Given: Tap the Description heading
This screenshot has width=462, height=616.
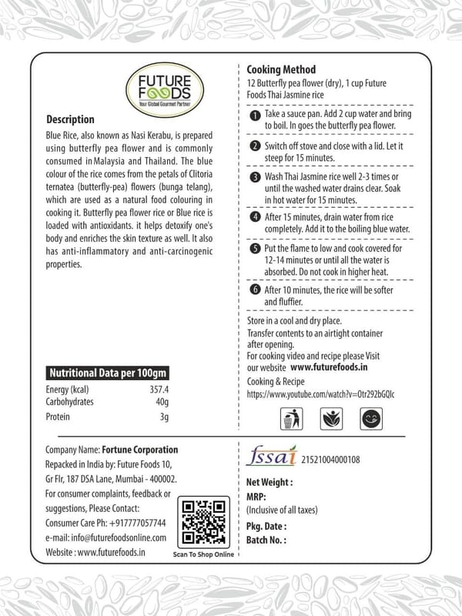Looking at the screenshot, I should point(70,120).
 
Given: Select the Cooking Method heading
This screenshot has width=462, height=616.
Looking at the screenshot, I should point(281,69).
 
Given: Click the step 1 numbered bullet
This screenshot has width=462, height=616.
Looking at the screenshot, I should point(255,115).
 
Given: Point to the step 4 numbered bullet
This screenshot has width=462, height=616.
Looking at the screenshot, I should point(255,218).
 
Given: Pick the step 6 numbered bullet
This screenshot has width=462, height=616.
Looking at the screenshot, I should point(255,290).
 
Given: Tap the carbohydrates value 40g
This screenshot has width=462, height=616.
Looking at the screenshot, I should point(162,403).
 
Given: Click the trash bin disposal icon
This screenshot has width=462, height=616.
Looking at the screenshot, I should point(290,420).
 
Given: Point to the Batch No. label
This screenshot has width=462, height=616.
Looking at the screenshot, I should point(266,540).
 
